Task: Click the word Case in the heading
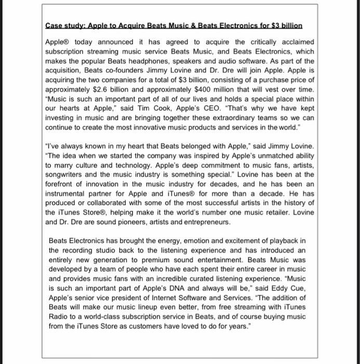pos(54,25)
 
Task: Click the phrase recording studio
pos(88,250)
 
